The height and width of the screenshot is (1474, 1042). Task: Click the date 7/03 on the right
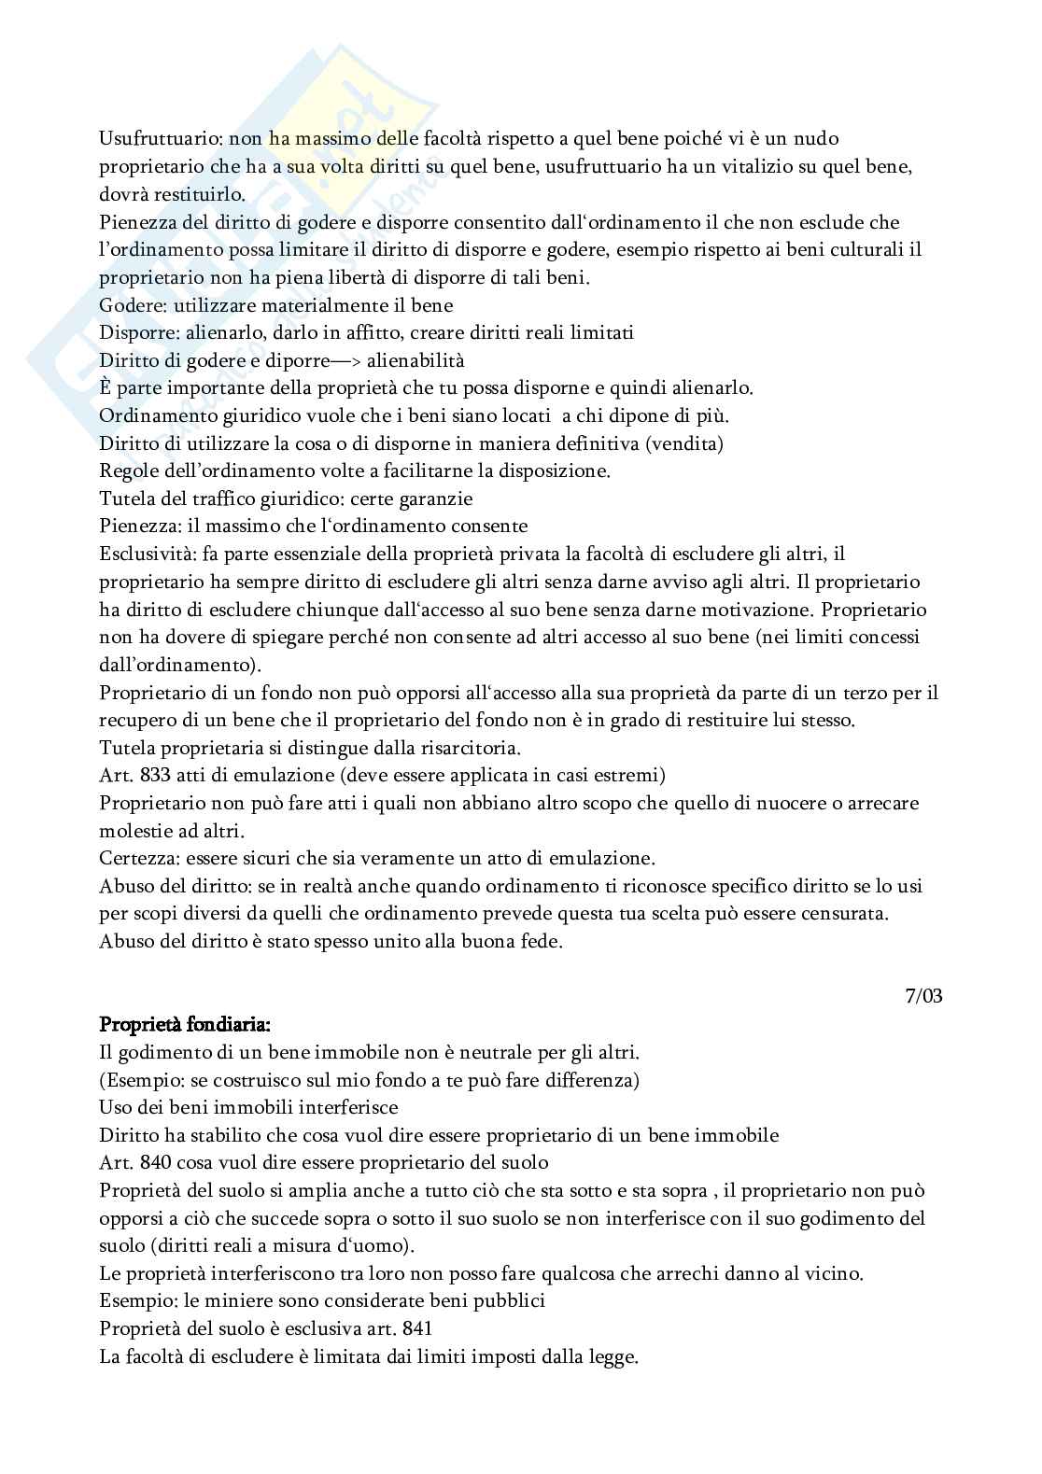pos(923,996)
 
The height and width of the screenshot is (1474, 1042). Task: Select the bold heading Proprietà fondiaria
pos(185,1024)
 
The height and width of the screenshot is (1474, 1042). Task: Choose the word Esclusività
pos(141,555)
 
